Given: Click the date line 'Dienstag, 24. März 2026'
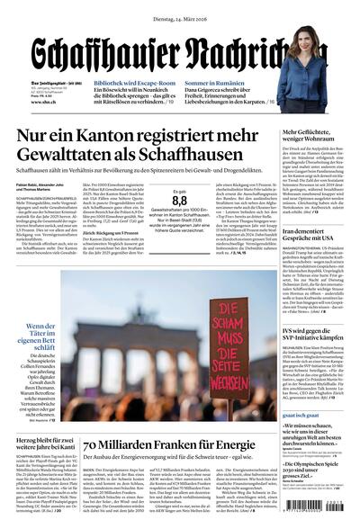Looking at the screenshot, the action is [x=179, y=8].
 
